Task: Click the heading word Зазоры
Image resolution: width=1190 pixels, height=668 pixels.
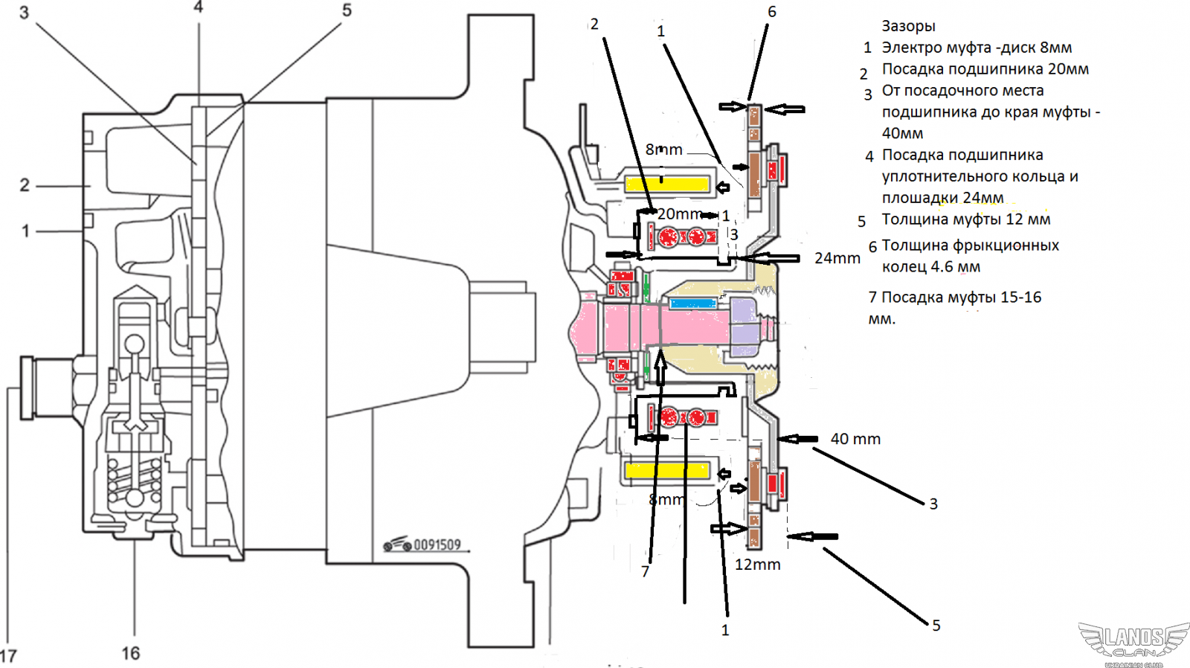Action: point(908,26)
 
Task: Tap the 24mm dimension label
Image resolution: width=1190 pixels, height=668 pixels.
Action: point(837,258)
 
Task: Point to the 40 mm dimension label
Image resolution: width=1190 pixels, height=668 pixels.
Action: point(855,439)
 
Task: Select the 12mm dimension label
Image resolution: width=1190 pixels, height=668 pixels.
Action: point(757,565)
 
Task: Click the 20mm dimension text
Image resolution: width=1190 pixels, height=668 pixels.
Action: point(679,214)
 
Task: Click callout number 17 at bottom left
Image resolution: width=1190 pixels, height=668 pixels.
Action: point(8,656)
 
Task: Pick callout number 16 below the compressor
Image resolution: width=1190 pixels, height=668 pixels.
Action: point(131,653)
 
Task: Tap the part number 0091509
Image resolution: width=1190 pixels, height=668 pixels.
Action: point(437,545)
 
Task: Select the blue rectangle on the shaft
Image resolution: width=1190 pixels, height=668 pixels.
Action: point(692,304)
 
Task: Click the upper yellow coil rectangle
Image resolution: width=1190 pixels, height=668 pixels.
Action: point(668,183)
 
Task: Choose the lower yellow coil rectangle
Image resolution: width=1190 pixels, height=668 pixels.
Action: point(667,470)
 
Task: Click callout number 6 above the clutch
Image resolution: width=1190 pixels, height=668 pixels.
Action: point(772,12)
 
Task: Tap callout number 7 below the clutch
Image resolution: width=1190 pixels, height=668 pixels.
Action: point(645,571)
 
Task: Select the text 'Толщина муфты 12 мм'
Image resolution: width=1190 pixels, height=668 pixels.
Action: point(965,219)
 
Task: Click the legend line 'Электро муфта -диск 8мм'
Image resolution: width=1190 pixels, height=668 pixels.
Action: point(977,48)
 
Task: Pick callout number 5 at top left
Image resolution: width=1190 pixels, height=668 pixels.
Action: point(347,10)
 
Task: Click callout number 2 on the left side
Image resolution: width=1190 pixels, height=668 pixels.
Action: point(25,184)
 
